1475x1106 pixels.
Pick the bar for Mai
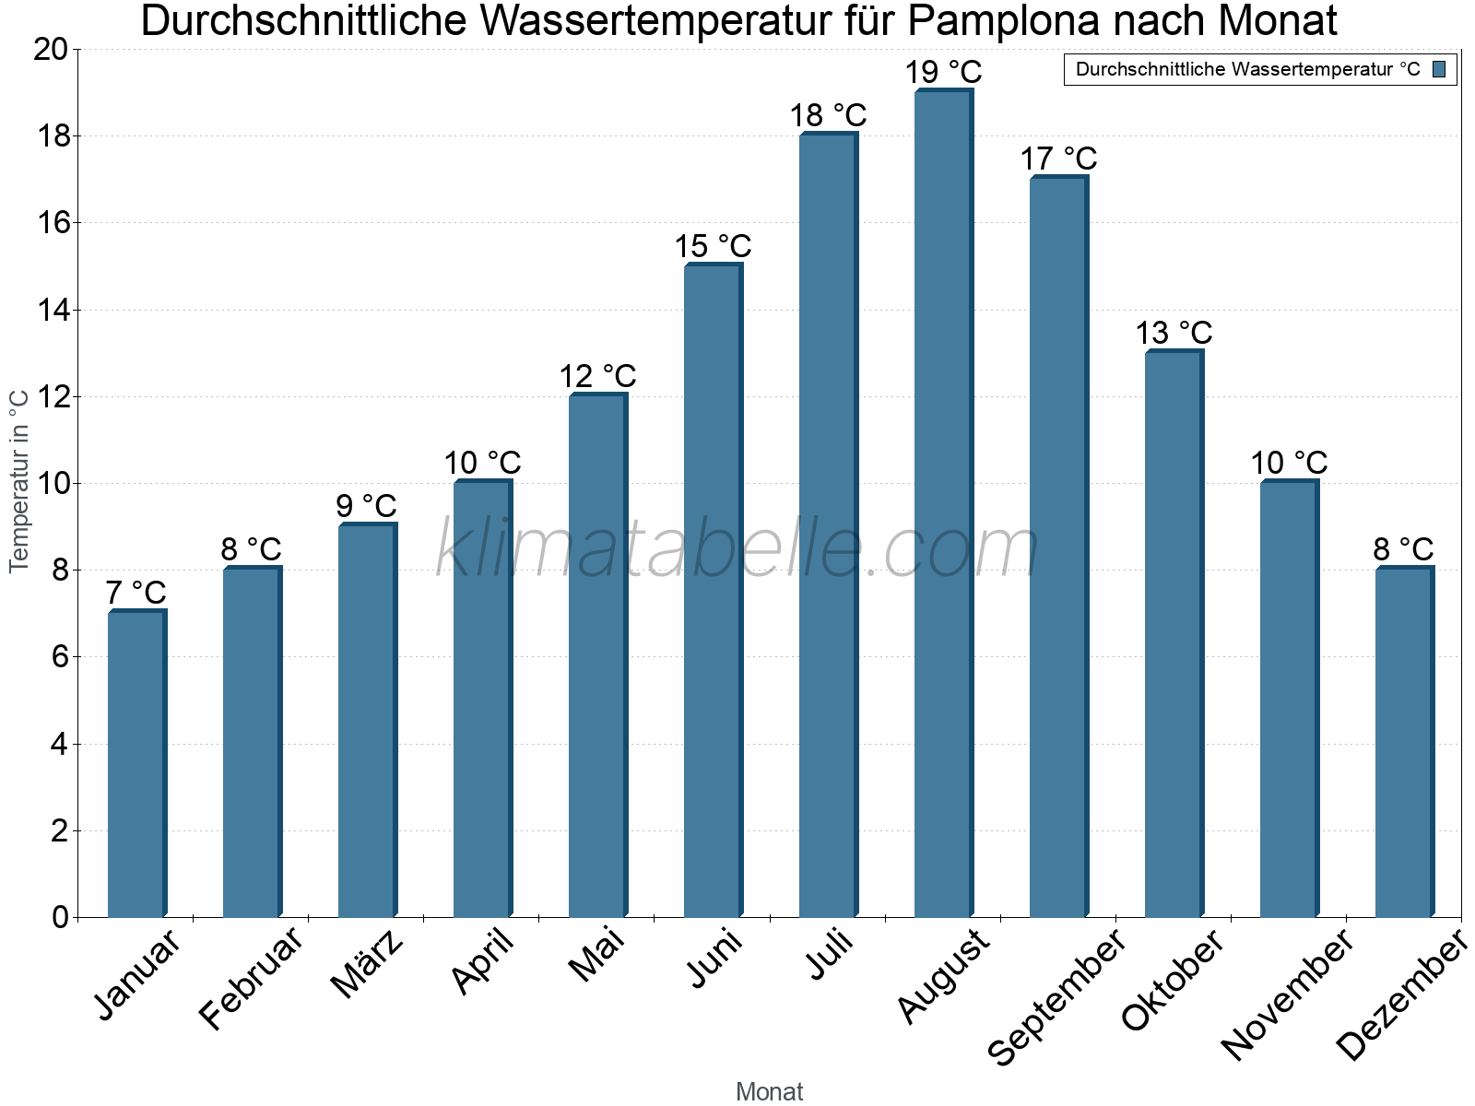coord(597,655)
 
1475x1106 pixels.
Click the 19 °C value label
coord(943,72)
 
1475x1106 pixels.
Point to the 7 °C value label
coord(136,593)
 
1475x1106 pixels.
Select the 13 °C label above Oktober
coord(1174,333)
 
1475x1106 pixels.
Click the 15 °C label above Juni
coord(713,247)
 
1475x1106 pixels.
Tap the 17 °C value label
coord(1058,159)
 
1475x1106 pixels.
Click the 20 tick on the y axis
coord(52,50)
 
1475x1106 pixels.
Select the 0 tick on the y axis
coord(61,917)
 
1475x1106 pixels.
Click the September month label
coord(1056,996)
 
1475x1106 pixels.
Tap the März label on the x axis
coord(367,963)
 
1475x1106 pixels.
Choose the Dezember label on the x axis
coord(1401,996)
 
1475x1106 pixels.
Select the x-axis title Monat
coord(769,1091)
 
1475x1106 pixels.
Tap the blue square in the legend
coord(1439,69)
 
